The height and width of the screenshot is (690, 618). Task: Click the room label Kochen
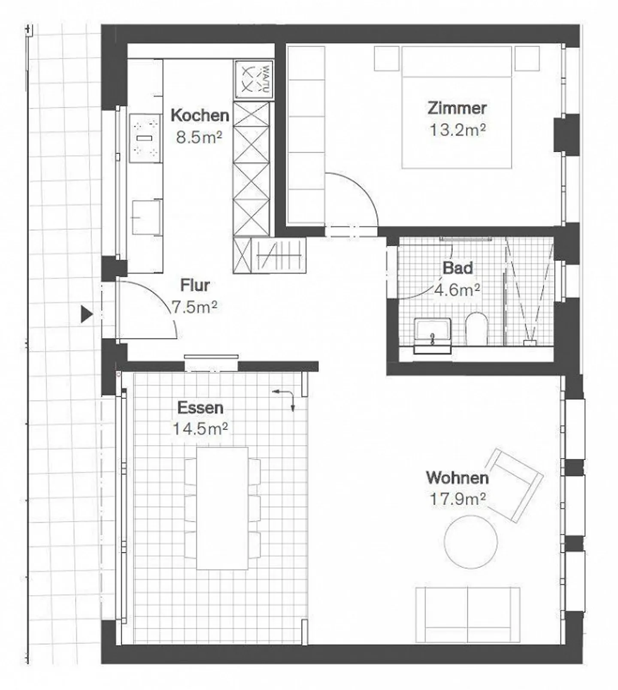click(x=200, y=115)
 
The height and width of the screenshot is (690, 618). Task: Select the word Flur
click(x=195, y=285)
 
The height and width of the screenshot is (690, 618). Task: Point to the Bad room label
click(x=457, y=268)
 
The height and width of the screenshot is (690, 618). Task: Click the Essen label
click(x=200, y=407)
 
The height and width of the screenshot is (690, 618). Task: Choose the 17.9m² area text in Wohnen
click(x=457, y=499)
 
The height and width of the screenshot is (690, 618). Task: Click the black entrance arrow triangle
click(x=87, y=314)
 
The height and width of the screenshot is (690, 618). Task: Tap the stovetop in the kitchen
click(x=145, y=138)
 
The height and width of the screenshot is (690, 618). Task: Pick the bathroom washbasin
click(x=432, y=332)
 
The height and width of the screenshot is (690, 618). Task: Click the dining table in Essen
click(x=222, y=508)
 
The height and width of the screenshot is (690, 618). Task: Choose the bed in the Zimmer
click(x=457, y=107)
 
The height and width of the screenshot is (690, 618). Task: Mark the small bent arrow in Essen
click(x=286, y=397)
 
